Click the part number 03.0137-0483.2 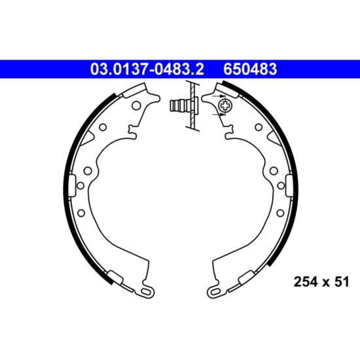147,69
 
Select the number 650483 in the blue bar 250,69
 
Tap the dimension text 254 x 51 321,281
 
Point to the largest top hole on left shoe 136,105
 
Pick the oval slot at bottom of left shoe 146,291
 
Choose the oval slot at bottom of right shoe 215,291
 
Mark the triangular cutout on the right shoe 274,137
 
